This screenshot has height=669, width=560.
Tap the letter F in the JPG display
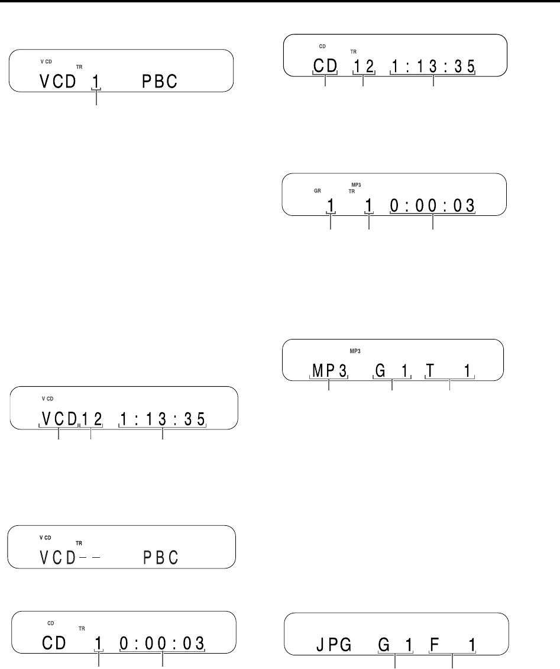[x=433, y=644]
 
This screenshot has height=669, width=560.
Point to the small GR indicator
[x=318, y=191]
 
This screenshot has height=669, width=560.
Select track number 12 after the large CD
[x=363, y=66]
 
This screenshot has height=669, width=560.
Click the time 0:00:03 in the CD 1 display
[x=162, y=643]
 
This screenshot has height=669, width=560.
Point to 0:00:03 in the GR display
[x=433, y=205]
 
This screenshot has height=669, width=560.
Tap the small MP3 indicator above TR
[x=356, y=184]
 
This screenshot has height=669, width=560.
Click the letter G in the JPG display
[x=385, y=644]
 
